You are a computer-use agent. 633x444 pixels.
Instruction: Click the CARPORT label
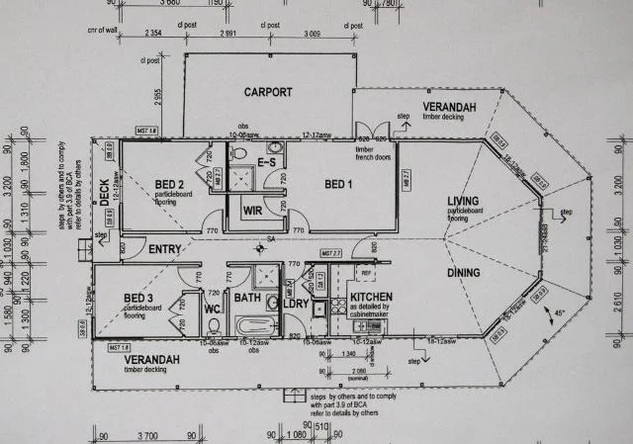[x=268, y=92]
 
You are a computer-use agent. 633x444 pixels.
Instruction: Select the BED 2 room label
[x=171, y=184]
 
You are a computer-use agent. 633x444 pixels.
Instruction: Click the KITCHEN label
[x=371, y=296]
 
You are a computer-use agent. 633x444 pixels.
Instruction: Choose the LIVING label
[x=463, y=200]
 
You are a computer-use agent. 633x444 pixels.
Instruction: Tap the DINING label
[x=463, y=272]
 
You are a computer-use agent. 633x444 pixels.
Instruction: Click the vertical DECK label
[x=105, y=191]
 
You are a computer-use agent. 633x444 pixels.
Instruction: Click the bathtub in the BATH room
[x=252, y=324]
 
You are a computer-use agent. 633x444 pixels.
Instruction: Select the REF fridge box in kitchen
[x=366, y=272]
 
